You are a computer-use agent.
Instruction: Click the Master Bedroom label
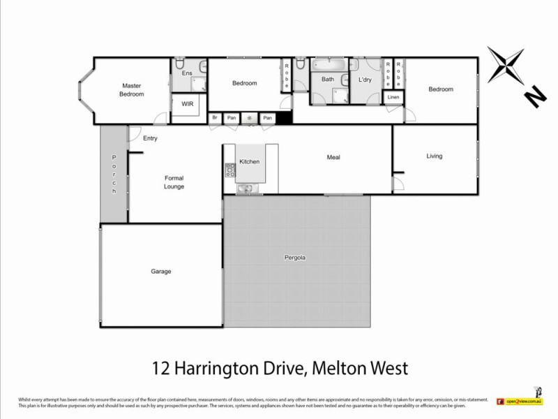pyautogui.click(x=131, y=90)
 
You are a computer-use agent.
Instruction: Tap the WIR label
pyautogui.click(x=187, y=104)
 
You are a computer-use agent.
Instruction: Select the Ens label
pyautogui.click(x=186, y=73)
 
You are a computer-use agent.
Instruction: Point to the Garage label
pyautogui.click(x=160, y=271)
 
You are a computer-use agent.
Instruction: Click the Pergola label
pyautogui.click(x=296, y=258)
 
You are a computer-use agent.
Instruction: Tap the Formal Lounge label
pyautogui.click(x=174, y=182)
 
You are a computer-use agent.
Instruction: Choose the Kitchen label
pyautogui.click(x=249, y=162)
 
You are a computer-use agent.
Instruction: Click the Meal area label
pyautogui.click(x=333, y=157)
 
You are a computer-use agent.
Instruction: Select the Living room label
pyautogui.click(x=434, y=156)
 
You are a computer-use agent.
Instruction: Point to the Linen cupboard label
pyautogui.click(x=393, y=97)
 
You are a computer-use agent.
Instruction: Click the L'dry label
pyautogui.click(x=365, y=80)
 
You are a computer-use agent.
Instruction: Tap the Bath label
pyautogui.click(x=327, y=80)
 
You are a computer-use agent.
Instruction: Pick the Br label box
pyautogui.click(x=216, y=118)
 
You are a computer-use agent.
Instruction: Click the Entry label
pyautogui.click(x=150, y=138)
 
